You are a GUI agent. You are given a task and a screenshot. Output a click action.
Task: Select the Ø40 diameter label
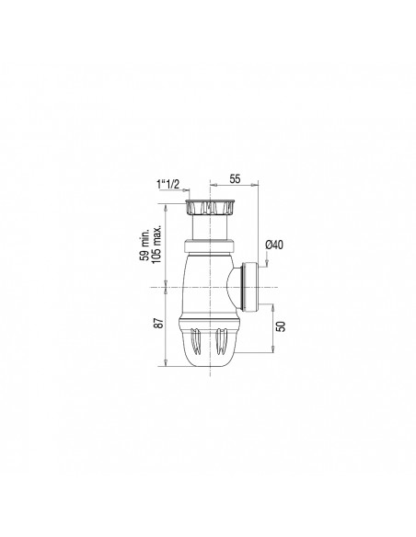pyautogui.click(x=275, y=244)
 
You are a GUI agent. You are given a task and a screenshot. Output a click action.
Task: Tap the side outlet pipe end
pyautogui.click(x=248, y=285)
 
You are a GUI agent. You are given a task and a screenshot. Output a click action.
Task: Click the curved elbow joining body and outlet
pyautogui.click(x=229, y=287)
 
